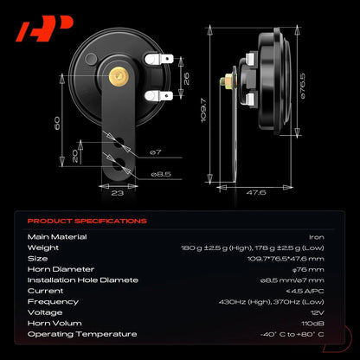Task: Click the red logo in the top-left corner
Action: pos(45,29)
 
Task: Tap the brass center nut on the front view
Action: pos(119,76)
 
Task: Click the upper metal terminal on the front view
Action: pos(158,59)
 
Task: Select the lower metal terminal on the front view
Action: pos(158,96)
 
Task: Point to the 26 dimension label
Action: pos(187,78)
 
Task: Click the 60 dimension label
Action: pos(57,123)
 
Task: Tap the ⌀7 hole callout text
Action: pos(156,152)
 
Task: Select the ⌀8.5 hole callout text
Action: pos(161,174)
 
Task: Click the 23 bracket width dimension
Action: pos(118,193)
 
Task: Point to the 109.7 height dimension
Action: pos(203,110)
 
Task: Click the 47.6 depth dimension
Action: pos(256,192)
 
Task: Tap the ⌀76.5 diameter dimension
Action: pos(303,86)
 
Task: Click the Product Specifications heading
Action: pos(87,222)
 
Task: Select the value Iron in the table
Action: pos(317,237)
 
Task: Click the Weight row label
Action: pos(43,247)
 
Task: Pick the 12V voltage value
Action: pos(318,312)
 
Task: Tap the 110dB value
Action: pos(312,324)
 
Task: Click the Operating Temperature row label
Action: pos(82,334)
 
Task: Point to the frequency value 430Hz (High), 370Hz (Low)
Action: pos(272,302)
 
